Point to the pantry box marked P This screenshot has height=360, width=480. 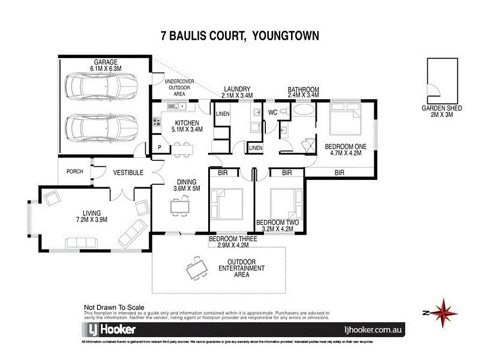(159, 145)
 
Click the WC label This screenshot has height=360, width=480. (272, 112)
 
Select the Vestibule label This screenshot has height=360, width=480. (128, 172)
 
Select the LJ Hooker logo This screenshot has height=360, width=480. (109, 329)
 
